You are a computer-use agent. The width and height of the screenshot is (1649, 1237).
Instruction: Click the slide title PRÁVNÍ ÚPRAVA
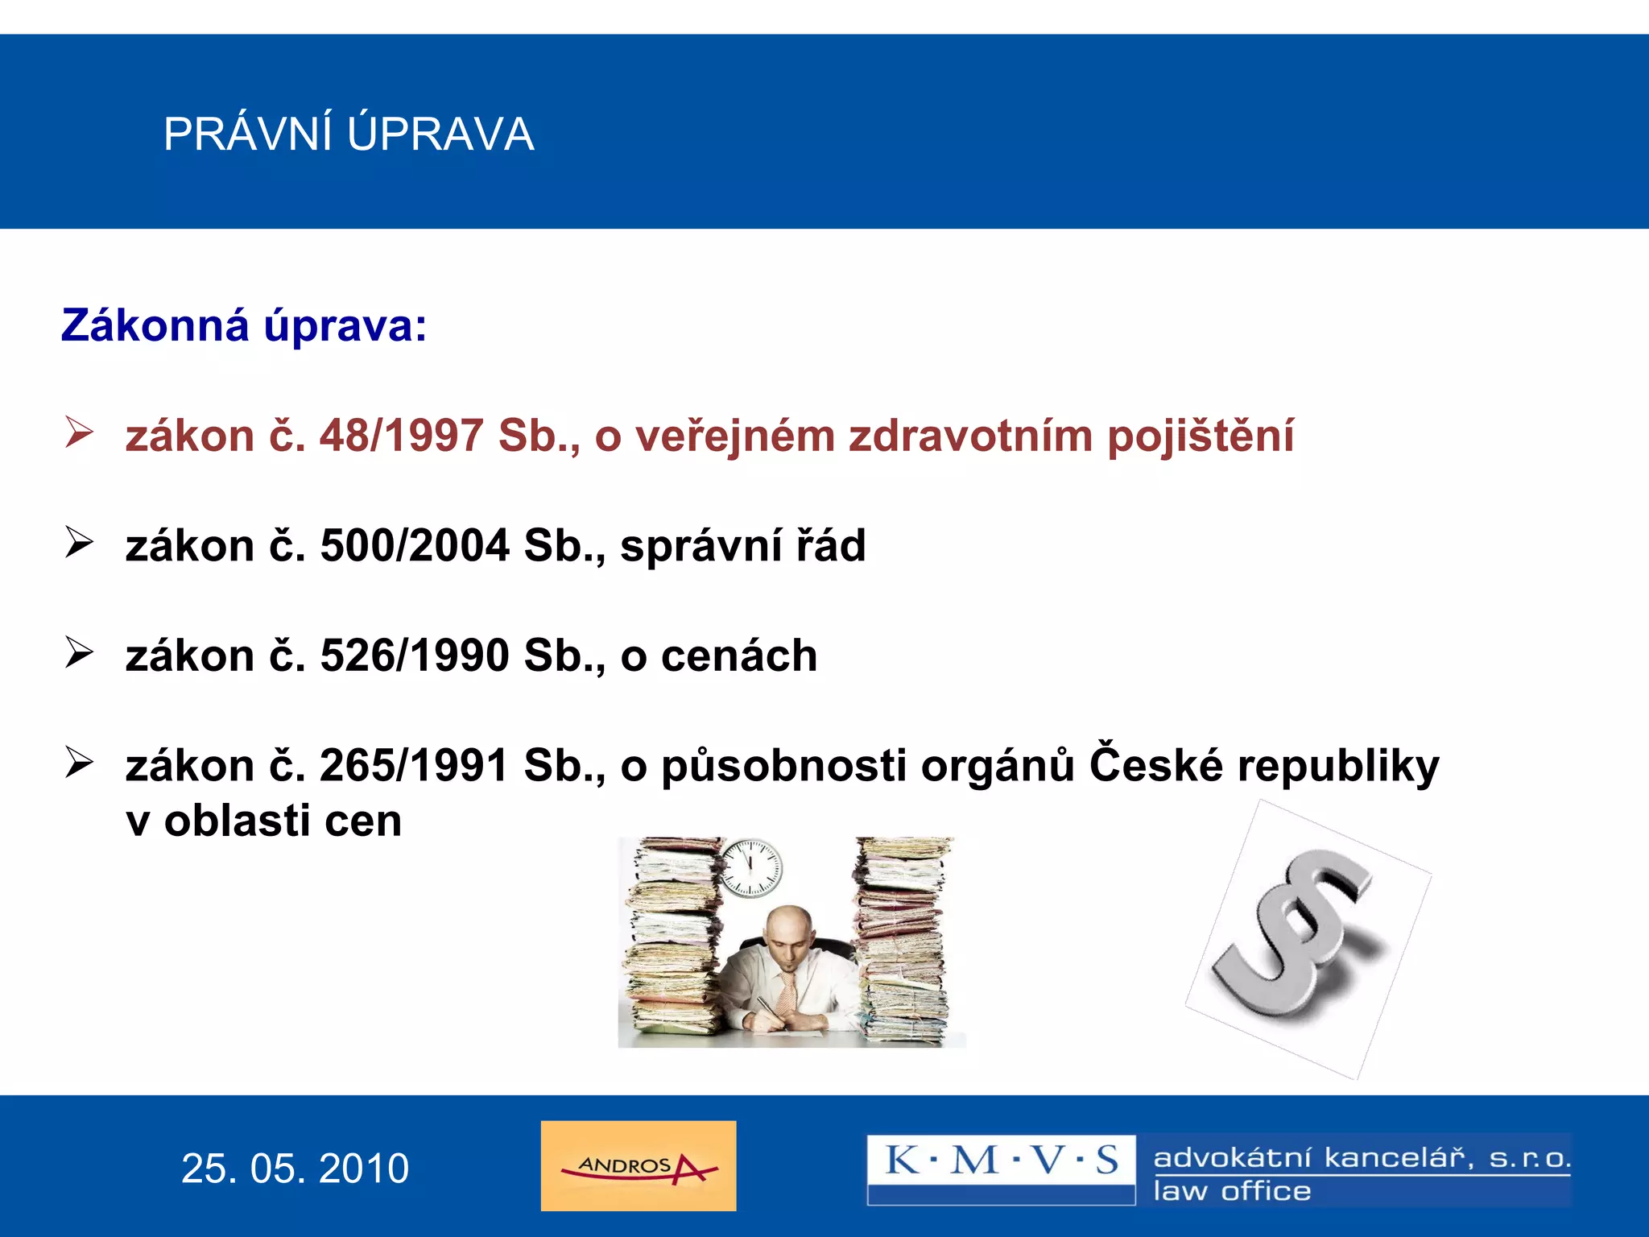coord(349,134)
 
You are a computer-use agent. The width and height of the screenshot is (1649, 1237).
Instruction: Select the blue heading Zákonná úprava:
coord(244,326)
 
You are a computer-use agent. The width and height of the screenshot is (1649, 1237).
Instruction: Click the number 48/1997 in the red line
coord(402,436)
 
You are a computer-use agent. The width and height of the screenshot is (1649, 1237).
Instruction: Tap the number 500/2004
coord(415,545)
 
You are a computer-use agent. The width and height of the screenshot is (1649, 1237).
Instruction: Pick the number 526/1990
coord(415,655)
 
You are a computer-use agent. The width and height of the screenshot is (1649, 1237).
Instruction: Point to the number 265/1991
coord(414,765)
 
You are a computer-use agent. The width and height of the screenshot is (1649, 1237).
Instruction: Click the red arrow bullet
coord(80,432)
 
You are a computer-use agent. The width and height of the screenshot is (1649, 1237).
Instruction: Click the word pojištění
coord(1200,436)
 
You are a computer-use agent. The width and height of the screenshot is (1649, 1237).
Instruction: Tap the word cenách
coord(738,655)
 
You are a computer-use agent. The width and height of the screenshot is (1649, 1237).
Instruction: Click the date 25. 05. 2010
coord(295,1169)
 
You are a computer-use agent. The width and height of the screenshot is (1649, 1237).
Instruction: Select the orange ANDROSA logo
coord(638,1166)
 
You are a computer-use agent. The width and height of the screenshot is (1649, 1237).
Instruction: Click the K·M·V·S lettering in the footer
coord(1001,1160)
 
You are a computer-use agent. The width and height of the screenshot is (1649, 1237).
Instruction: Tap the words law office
coord(1232,1191)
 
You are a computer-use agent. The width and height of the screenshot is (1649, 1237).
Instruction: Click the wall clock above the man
coord(750,868)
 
